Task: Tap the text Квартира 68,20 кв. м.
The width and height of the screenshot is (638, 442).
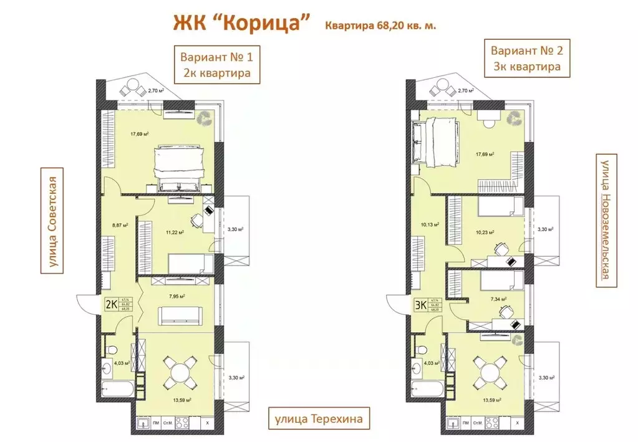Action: (x=379, y=26)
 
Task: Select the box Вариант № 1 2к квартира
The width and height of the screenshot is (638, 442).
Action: (x=216, y=64)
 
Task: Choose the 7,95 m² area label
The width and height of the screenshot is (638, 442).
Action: (x=176, y=296)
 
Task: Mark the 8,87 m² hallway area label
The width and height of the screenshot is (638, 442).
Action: (x=120, y=225)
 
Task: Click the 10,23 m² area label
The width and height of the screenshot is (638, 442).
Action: (x=485, y=232)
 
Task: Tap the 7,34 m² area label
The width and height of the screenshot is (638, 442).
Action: (x=498, y=299)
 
